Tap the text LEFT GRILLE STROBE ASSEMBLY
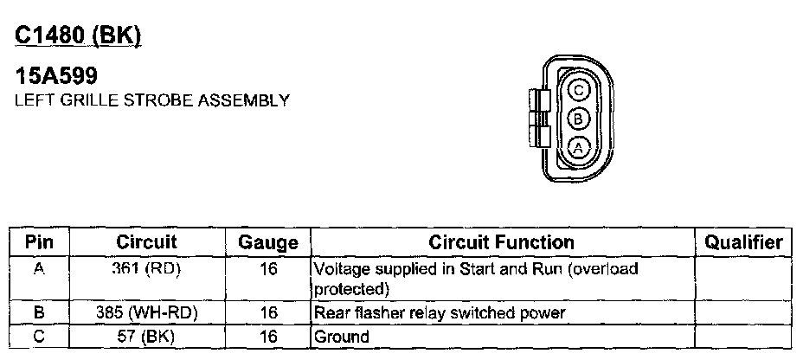click(x=151, y=100)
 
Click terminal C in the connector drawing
click(x=580, y=90)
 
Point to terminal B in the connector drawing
click(x=580, y=119)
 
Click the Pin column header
click(x=39, y=242)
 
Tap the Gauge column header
click(x=267, y=243)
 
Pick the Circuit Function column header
click(x=502, y=242)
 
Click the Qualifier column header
click(x=743, y=242)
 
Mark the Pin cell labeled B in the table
click(x=39, y=312)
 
